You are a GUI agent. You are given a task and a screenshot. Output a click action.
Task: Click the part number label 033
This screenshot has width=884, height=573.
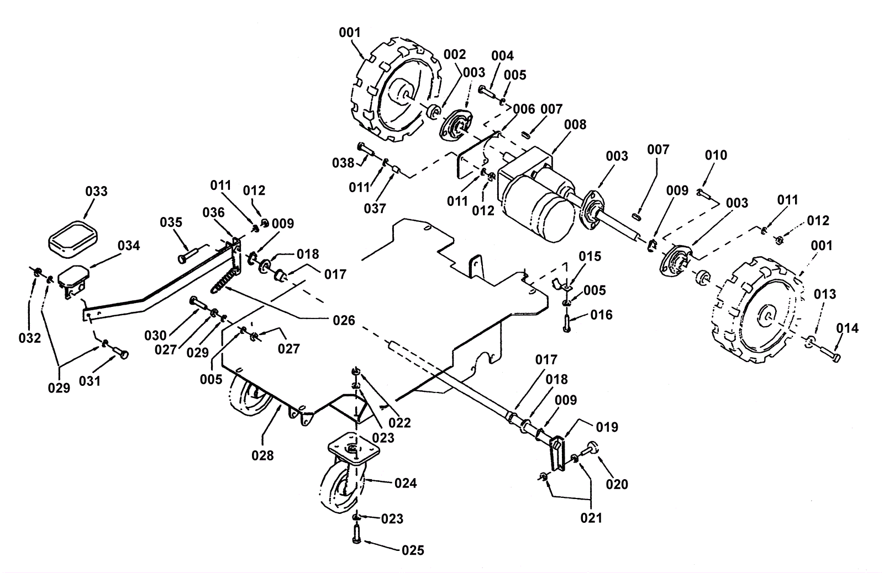pyautogui.click(x=97, y=191)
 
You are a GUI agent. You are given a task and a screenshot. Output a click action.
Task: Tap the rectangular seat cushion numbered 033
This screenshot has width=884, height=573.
pyautogui.click(x=73, y=240)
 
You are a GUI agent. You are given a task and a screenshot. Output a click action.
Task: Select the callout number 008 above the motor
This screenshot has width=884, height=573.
pyautogui.click(x=575, y=125)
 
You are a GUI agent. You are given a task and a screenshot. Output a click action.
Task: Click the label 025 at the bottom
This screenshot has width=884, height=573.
pyautogui.click(x=413, y=550)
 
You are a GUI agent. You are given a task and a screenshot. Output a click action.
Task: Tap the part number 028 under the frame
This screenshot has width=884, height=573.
pyautogui.click(x=262, y=455)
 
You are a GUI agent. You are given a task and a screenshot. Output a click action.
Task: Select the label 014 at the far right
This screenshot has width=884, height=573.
pyautogui.click(x=847, y=328)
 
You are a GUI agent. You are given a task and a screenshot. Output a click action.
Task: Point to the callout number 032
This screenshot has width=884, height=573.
pyautogui.click(x=30, y=338)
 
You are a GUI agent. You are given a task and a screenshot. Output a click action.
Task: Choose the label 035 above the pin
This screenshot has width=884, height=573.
pyautogui.click(x=171, y=222)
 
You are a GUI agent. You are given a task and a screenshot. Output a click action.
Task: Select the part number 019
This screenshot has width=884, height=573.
pyautogui.click(x=607, y=427)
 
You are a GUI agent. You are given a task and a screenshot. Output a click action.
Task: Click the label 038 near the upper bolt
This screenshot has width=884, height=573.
pyautogui.click(x=343, y=162)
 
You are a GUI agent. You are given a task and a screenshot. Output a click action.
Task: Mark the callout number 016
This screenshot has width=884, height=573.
pyautogui.click(x=602, y=315)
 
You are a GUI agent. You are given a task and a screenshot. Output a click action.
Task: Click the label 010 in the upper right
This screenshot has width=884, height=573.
pyautogui.click(x=716, y=155)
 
